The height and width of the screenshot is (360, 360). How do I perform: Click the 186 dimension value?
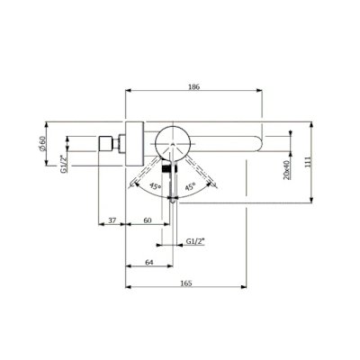pyautogui.click(x=193, y=87)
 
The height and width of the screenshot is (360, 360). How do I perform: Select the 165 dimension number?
pyautogui.click(x=186, y=283)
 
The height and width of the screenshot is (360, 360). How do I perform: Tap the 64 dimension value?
pyautogui.click(x=149, y=262)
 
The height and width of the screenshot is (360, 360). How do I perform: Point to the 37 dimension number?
pyautogui.click(x=112, y=220)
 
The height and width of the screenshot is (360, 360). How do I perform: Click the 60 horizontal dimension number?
pyautogui.click(x=148, y=220)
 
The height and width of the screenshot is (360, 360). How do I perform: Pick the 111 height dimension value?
pyautogui.click(x=310, y=162)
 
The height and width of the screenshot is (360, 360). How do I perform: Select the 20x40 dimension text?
pyautogui.click(x=286, y=170)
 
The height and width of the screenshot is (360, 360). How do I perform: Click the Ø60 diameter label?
pyautogui.click(x=42, y=143)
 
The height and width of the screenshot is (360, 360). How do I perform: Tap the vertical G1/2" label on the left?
pyautogui.click(x=63, y=164)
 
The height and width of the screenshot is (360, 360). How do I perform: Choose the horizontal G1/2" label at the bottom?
pyautogui.click(x=195, y=241)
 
